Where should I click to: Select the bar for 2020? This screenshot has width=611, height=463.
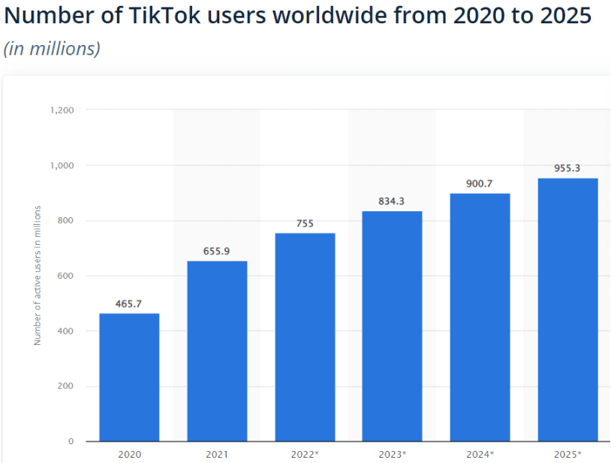point(129,377)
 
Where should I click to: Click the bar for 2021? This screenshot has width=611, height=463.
point(217,351)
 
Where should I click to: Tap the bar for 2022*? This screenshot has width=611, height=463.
point(305,337)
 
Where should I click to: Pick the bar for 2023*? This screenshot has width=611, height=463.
point(392,326)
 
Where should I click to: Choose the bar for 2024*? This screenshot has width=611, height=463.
point(480,317)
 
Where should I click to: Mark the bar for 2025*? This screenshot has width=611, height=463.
point(567,310)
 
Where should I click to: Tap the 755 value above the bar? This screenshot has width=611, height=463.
point(305,222)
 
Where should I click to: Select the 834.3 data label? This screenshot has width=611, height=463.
point(392,201)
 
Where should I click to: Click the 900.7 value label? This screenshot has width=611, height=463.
point(480,183)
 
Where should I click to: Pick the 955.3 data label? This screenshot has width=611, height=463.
point(567,168)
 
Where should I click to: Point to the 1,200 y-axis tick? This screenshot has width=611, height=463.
point(62,110)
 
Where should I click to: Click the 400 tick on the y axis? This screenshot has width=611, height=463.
point(66,331)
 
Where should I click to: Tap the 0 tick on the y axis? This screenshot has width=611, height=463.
point(71,441)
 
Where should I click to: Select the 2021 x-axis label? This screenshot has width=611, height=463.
point(217,455)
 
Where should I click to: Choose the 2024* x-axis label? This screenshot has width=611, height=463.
point(480,455)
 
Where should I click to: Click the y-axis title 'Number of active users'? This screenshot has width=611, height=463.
point(37,275)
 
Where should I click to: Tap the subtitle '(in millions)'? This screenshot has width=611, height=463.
point(52,48)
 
